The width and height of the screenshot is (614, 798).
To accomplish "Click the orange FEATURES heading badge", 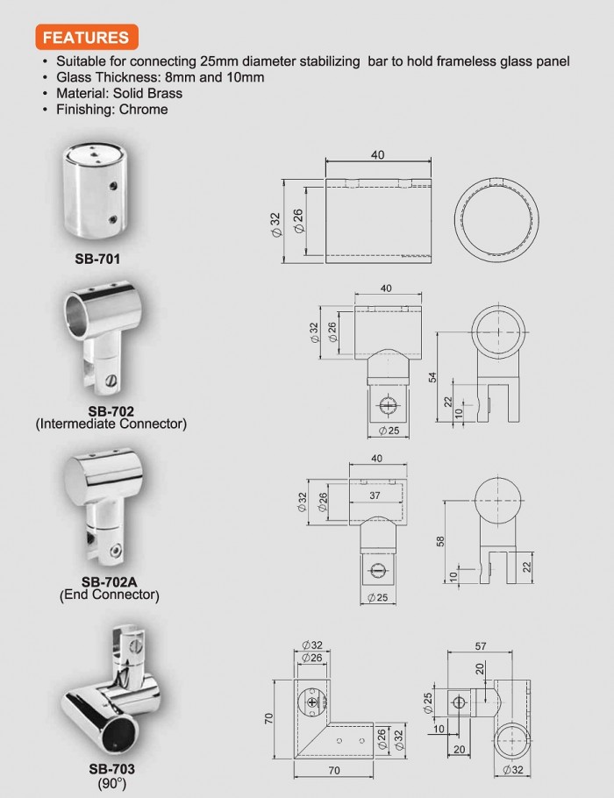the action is click(87, 37).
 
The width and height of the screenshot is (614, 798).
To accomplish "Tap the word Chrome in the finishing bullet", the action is click(143, 110).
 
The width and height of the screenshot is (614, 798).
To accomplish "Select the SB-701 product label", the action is click(97, 259).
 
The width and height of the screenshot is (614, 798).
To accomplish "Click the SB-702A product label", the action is click(109, 581).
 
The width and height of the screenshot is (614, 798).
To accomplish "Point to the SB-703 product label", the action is click(111, 768).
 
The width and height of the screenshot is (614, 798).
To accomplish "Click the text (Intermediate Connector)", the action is click(111, 424).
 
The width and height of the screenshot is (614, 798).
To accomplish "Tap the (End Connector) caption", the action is click(110, 595).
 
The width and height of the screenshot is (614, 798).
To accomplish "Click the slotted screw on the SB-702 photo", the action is click(111, 381).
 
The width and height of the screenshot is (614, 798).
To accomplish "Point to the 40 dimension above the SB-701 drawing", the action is click(378, 154).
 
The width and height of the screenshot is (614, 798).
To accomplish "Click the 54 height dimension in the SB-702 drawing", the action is click(432, 377).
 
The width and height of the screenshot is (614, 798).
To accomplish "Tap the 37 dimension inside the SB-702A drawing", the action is click(375, 495).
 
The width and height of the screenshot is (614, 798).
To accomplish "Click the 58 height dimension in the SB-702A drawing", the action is click(440, 542).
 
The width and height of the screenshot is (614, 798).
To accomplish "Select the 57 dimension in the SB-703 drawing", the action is click(480, 646).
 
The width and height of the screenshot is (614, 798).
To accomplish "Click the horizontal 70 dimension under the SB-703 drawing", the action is click(334, 771).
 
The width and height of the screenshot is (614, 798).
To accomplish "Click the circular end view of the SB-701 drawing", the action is click(496, 220).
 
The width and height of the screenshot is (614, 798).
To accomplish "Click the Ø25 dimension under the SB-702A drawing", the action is click(378, 597).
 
